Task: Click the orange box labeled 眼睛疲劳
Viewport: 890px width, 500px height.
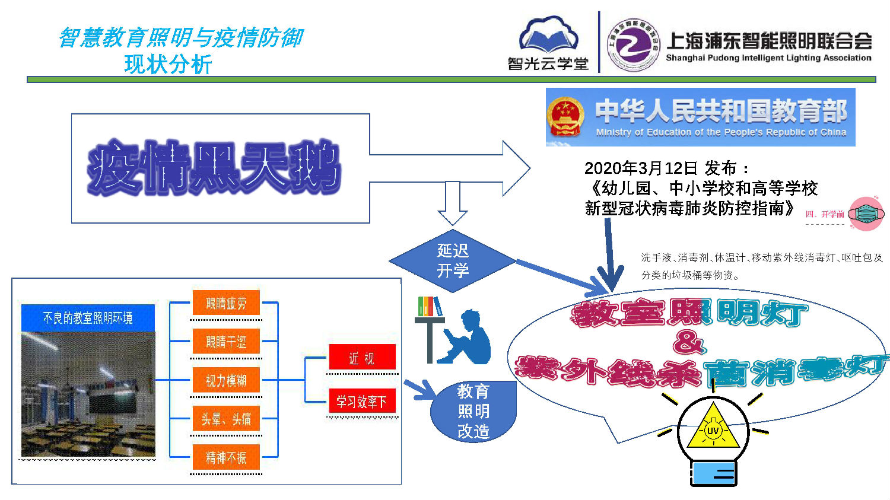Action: pos(226,303)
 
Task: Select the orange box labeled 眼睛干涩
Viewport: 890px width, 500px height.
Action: pos(226,342)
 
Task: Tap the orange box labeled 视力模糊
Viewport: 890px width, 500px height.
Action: pos(226,380)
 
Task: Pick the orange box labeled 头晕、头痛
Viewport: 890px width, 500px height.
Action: pos(226,419)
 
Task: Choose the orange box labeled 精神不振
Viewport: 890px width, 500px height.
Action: pos(226,457)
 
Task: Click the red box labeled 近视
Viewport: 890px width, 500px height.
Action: pos(361,358)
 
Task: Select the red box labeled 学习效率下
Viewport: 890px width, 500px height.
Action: pos(361,402)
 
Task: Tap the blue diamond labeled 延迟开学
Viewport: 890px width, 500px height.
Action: pos(453,261)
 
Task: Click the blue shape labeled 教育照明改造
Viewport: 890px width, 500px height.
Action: pos(473,411)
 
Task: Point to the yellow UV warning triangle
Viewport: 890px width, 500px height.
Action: pos(713,428)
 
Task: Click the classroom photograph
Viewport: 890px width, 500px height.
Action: pos(88,394)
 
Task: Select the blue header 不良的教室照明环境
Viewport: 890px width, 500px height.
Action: pos(88,319)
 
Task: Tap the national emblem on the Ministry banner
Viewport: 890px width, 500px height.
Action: pos(565,116)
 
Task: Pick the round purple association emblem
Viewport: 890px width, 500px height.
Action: pos(633,45)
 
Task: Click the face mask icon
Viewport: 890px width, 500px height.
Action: pos(866,214)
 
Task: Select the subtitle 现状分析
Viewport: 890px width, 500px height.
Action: pos(168,64)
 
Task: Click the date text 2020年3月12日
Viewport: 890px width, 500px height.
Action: pos(641,168)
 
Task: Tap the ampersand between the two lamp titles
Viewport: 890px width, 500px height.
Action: pos(689,342)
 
